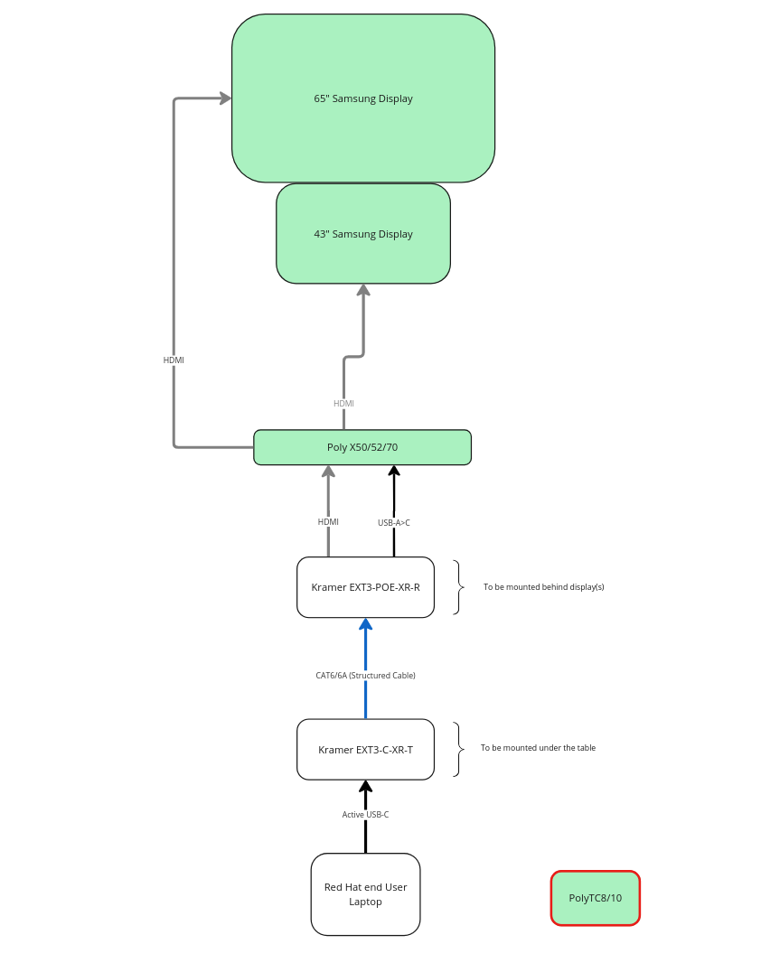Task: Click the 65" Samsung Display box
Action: (363, 98)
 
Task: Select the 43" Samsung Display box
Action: (363, 234)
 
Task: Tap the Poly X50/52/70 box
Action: (362, 447)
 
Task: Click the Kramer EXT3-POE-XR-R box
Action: (365, 587)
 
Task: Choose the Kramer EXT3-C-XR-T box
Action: (365, 750)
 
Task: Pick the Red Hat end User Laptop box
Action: (365, 894)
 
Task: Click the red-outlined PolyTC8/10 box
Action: (596, 898)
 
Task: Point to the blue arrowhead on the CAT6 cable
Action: (365, 624)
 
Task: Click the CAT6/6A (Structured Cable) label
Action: (365, 676)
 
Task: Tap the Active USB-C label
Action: (365, 815)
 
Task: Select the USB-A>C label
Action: (393, 523)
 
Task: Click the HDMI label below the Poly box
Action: (328, 522)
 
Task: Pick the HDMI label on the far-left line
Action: (174, 360)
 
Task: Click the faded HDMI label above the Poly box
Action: (343, 404)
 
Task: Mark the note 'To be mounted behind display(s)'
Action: (543, 587)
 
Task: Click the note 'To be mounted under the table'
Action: (538, 748)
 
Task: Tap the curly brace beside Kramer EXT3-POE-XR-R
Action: (458, 587)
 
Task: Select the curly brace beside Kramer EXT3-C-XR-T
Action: (458, 749)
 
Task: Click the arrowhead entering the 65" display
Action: (226, 98)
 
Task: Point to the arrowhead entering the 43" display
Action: (363, 290)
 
